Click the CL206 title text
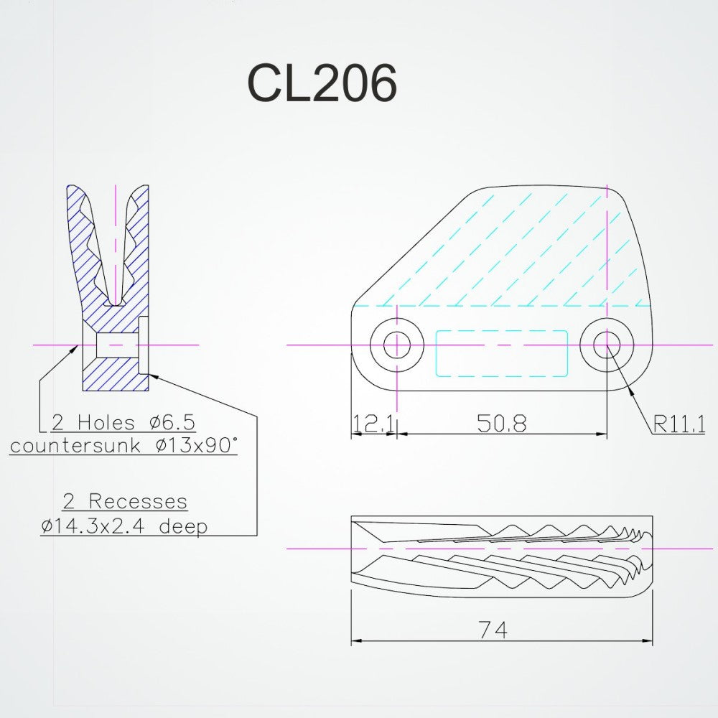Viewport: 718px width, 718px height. (322, 85)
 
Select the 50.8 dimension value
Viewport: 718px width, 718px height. (502, 424)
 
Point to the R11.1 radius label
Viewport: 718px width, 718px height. (679, 424)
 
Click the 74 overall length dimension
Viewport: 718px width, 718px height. (493, 630)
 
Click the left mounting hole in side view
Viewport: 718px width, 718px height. (396, 345)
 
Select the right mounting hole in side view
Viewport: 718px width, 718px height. (607, 345)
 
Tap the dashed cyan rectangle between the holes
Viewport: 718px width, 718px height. (502, 353)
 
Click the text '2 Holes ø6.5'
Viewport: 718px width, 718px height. (123, 421)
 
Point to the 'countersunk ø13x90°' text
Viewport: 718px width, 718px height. (123, 445)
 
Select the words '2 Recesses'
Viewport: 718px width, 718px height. (123, 501)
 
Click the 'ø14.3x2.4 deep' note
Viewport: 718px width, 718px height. (124, 526)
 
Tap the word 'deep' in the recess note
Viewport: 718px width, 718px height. (183, 526)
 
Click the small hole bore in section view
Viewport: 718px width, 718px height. (116, 345)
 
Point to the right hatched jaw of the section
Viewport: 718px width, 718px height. (140, 244)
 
